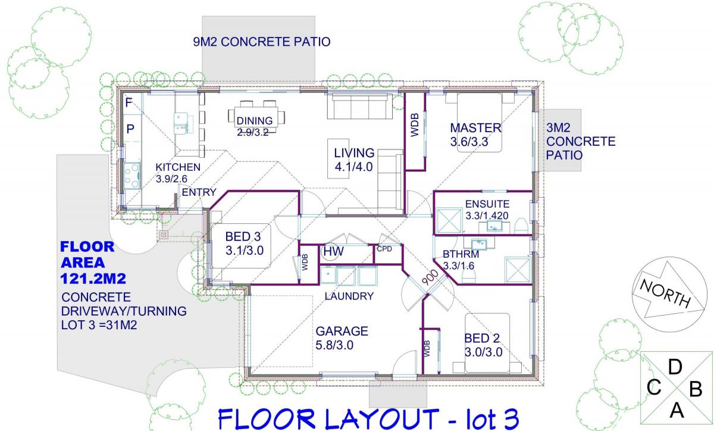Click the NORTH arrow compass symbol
[x=666, y=294]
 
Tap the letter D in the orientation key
[x=675, y=367]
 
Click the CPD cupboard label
[x=384, y=249]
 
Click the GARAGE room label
[x=342, y=331]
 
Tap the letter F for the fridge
[x=129, y=103]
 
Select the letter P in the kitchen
[x=130, y=129]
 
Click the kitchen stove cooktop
[x=132, y=176]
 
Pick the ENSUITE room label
[x=487, y=204]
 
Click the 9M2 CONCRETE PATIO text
[x=262, y=42]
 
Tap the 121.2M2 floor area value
[x=93, y=279]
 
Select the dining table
[x=256, y=117]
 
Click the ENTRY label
[x=199, y=192]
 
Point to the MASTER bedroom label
[x=475, y=128]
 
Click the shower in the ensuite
[x=449, y=220]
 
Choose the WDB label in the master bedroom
[x=415, y=125]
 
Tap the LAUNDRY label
[x=349, y=296]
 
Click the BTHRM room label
[x=461, y=254]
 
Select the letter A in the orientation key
[x=677, y=410]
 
